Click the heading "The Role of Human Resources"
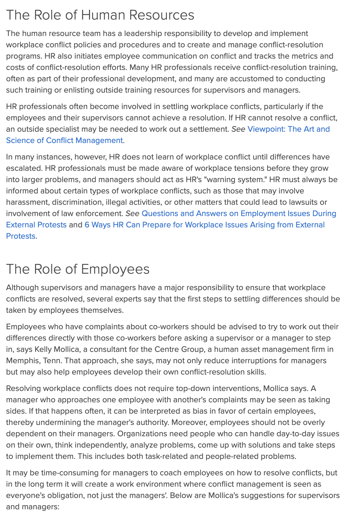pyautogui.click(x=100, y=15)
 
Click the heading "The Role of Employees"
pyautogui.click(x=78, y=269)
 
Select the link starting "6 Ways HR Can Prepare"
pyautogui.click(x=204, y=225)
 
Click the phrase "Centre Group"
pyautogui.click(x=173, y=349)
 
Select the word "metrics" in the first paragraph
pyautogui.click(x=303, y=56)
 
